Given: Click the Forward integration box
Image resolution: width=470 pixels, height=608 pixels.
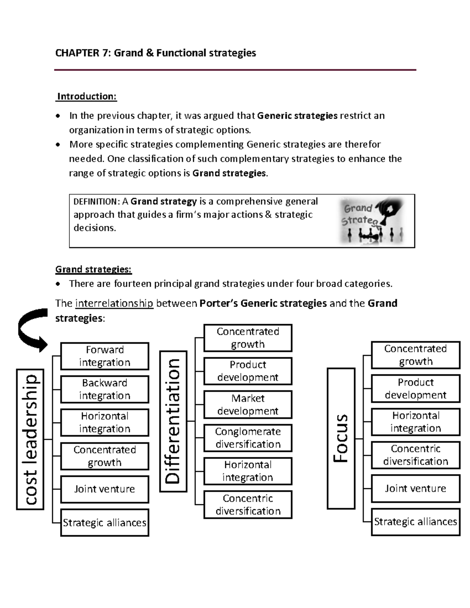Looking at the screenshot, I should point(105,356).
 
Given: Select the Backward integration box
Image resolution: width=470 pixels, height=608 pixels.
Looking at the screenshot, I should point(105,389).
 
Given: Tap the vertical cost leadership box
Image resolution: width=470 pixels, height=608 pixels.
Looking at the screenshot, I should point(30,439).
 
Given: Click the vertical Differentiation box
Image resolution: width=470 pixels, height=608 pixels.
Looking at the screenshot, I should point(173,421).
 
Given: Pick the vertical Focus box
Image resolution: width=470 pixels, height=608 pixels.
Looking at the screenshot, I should point(341,438).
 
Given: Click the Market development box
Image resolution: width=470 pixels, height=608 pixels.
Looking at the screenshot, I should point(248,404).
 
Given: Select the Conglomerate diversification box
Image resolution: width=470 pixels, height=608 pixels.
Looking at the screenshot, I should point(248,438).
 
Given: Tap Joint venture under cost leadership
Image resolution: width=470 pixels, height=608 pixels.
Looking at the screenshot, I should point(105,489).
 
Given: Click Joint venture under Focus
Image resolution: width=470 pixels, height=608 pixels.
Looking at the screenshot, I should point(415,488).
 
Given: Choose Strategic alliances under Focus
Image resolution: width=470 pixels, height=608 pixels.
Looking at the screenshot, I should point(415,521).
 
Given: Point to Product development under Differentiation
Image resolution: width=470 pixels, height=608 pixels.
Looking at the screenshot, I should point(248,371).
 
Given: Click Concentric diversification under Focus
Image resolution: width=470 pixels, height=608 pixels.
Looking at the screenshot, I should point(415,455).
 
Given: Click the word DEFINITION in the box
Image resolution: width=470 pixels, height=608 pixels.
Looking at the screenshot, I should point(95,202).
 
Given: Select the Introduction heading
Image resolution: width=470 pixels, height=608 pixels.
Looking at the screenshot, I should point(87,96).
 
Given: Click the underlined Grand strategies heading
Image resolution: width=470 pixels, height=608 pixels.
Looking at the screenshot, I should point(93,269).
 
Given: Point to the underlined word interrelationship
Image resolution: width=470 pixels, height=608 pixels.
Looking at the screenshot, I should point(114,303).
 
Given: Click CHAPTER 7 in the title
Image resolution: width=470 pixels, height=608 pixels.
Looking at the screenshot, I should point(83,53).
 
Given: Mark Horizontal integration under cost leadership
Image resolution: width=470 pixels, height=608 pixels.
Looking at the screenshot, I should point(105,422).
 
